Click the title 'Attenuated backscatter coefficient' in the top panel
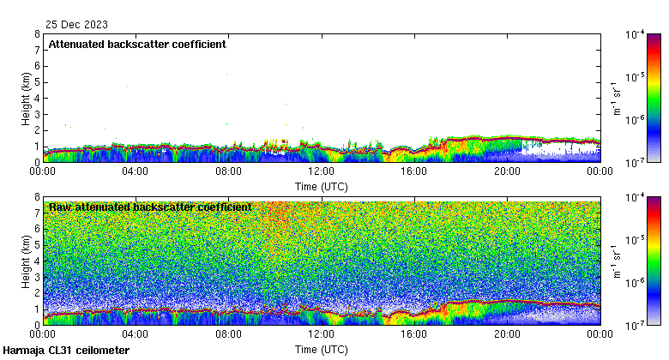click(x=137, y=44)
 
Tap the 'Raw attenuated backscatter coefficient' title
click(x=150, y=207)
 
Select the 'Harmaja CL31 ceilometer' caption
click(x=67, y=351)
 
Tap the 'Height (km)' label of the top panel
click(x=26, y=98)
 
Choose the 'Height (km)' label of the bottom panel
click(x=26, y=261)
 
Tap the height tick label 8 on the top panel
click(x=36, y=34)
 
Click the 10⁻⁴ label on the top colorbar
click(x=635, y=35)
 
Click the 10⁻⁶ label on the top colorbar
click(x=635, y=119)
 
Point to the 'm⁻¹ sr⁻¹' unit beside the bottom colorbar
click(x=618, y=261)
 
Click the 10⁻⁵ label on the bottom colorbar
click(x=635, y=241)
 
